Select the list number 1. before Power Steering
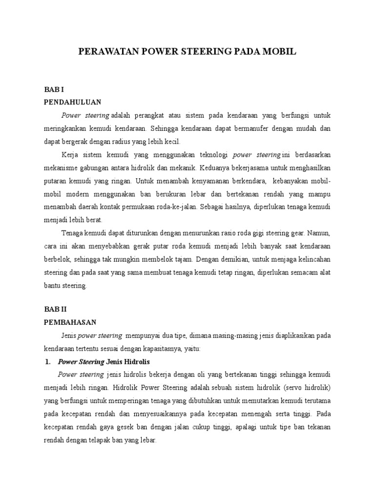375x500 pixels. click(48, 362)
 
